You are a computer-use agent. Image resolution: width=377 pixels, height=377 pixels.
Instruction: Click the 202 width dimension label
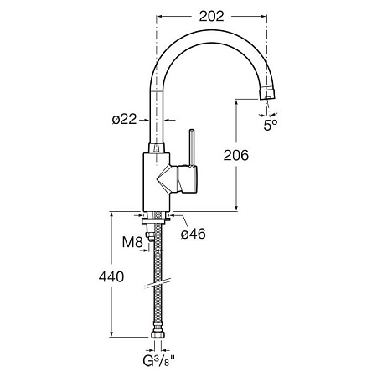coord(211,17)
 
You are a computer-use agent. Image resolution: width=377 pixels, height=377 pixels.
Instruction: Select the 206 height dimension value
coord(236,155)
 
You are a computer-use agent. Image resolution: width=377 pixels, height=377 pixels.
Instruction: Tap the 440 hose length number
coord(111,276)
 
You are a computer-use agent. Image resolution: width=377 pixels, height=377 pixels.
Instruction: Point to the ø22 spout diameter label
coord(124,120)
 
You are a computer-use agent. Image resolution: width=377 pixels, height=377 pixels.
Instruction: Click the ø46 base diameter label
coord(193,234)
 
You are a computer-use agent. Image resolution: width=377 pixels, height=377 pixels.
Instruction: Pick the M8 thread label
coord(132,242)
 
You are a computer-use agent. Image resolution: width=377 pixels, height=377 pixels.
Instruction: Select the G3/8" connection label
coord(159,361)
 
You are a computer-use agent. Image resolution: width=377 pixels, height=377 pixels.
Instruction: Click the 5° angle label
coord(271,126)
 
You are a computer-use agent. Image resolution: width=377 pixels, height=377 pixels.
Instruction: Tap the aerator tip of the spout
coord(267,93)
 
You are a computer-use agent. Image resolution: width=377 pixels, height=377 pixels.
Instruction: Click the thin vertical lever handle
coord(192,147)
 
